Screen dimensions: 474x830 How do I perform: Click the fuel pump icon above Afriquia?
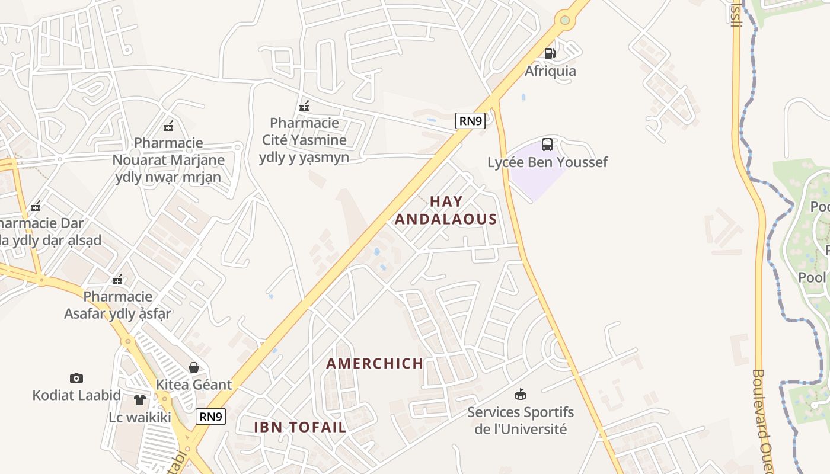tap(550, 53)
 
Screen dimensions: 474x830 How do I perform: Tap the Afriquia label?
tap(550, 71)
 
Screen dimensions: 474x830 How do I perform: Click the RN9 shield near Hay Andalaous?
tap(470, 121)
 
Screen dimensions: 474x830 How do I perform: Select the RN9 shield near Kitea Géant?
tap(210, 417)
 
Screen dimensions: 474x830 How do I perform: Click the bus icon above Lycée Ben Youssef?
tap(547, 144)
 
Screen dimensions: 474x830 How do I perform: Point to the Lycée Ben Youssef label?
tap(547, 162)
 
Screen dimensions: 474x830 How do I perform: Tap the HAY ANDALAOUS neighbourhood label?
tap(446, 210)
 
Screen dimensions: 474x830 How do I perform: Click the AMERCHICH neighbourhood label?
tap(375, 363)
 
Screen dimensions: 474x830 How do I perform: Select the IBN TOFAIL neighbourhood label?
tap(300, 427)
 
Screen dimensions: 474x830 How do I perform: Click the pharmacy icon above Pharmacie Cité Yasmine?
tap(304, 106)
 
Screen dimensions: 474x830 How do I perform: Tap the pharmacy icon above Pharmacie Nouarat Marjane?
tap(168, 126)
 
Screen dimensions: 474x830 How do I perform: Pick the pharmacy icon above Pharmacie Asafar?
tap(118, 279)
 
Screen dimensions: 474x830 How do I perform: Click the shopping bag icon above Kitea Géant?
tap(194, 367)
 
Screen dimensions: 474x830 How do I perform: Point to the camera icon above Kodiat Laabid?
tap(76, 378)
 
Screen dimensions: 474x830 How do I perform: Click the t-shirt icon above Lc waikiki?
tap(140, 400)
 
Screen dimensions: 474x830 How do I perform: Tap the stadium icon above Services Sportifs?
tap(521, 394)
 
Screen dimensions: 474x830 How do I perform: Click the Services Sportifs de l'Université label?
tap(521, 420)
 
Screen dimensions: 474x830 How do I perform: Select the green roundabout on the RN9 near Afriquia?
tap(564, 21)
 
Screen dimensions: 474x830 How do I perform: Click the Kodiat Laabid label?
tap(76, 395)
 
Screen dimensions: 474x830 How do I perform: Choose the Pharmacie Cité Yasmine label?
tap(304, 140)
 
